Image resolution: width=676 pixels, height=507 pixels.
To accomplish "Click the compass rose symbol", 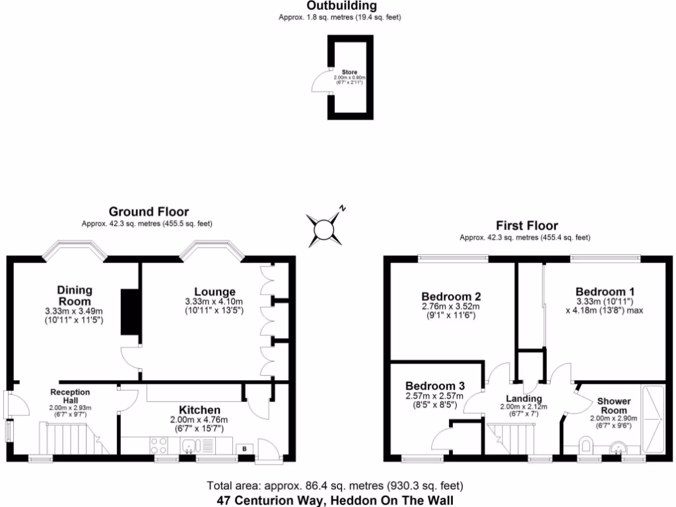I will [x=325, y=230].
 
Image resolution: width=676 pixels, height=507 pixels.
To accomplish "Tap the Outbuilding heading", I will [x=341, y=6].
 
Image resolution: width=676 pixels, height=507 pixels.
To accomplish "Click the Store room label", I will [x=349, y=71].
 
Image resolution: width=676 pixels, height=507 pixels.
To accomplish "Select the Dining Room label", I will [x=74, y=296].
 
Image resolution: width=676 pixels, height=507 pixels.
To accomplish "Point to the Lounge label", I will [x=215, y=292].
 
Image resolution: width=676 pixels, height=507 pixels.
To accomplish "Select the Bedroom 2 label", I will [x=451, y=296].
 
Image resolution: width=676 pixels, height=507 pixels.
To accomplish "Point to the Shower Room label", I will [x=613, y=405].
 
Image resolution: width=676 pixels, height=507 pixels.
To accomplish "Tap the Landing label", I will [x=524, y=399].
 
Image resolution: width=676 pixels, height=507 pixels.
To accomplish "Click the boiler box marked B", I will [x=245, y=448].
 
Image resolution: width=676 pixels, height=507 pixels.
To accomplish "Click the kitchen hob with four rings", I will [x=160, y=445].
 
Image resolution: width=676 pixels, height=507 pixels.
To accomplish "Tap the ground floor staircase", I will [x=68, y=439].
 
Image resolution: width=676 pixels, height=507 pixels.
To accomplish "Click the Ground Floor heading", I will [x=149, y=212].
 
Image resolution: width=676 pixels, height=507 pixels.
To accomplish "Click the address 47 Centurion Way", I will [x=336, y=500].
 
